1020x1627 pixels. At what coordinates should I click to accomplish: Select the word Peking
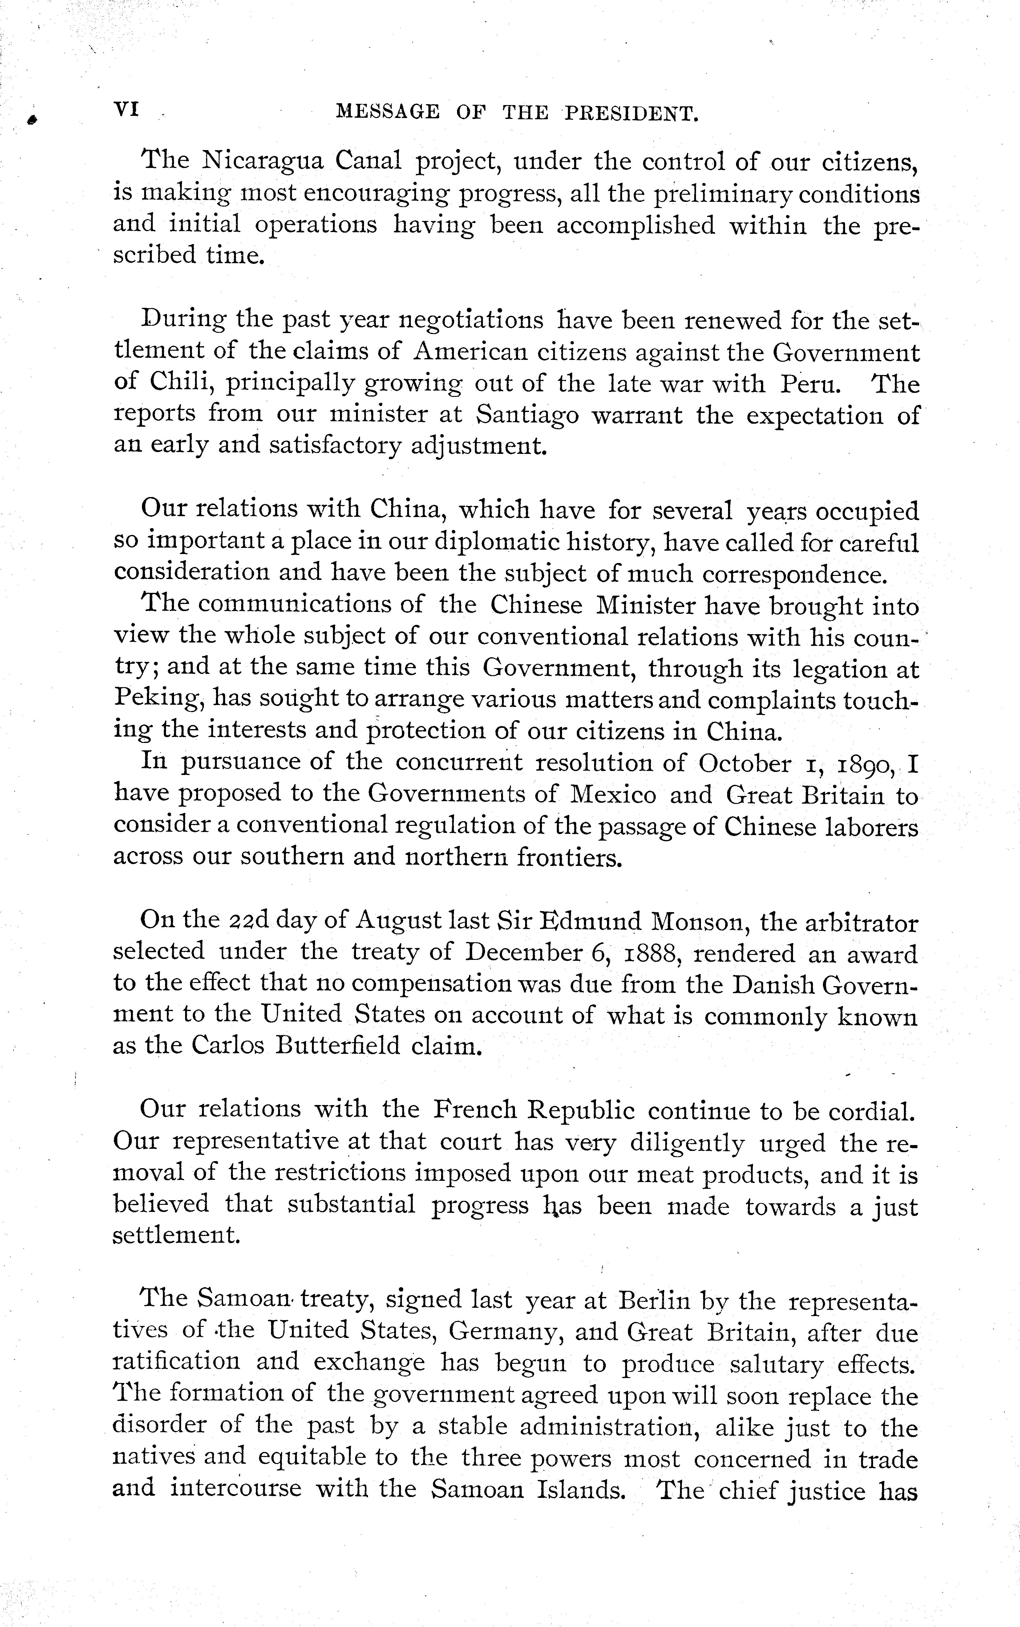pyautogui.click(x=159, y=699)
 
